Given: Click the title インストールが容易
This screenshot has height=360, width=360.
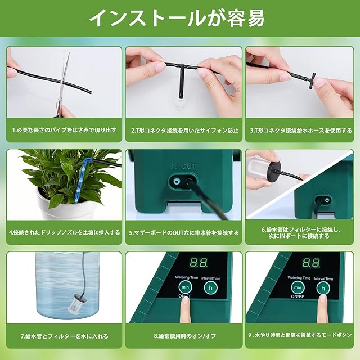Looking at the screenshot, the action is pyautogui.click(x=177, y=18).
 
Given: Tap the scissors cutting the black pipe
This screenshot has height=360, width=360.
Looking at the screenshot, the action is pyautogui.click(x=64, y=85).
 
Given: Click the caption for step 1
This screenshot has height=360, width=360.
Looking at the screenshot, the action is pyautogui.click(x=64, y=130).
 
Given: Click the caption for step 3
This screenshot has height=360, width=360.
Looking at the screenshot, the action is pyautogui.click(x=301, y=130).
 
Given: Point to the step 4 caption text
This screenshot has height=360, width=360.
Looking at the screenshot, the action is pyautogui.click(x=64, y=232).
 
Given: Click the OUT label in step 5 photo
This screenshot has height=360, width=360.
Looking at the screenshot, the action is pyautogui.click(x=190, y=166).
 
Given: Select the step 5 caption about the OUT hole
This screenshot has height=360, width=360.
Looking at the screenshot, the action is pyautogui.click(x=184, y=233).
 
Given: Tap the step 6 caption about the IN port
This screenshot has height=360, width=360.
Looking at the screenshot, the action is pyautogui.click(x=299, y=232).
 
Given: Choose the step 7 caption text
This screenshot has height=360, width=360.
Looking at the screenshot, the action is pyautogui.click(x=64, y=336).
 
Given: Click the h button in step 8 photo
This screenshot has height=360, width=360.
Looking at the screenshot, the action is pyautogui.click(x=210, y=287).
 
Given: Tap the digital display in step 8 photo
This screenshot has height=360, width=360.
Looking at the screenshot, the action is pyautogui.click(x=199, y=263).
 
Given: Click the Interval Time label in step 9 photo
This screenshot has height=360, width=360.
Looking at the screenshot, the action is pyautogui.click(x=323, y=279).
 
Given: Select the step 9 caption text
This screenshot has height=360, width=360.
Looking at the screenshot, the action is pyautogui.click(x=300, y=335).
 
